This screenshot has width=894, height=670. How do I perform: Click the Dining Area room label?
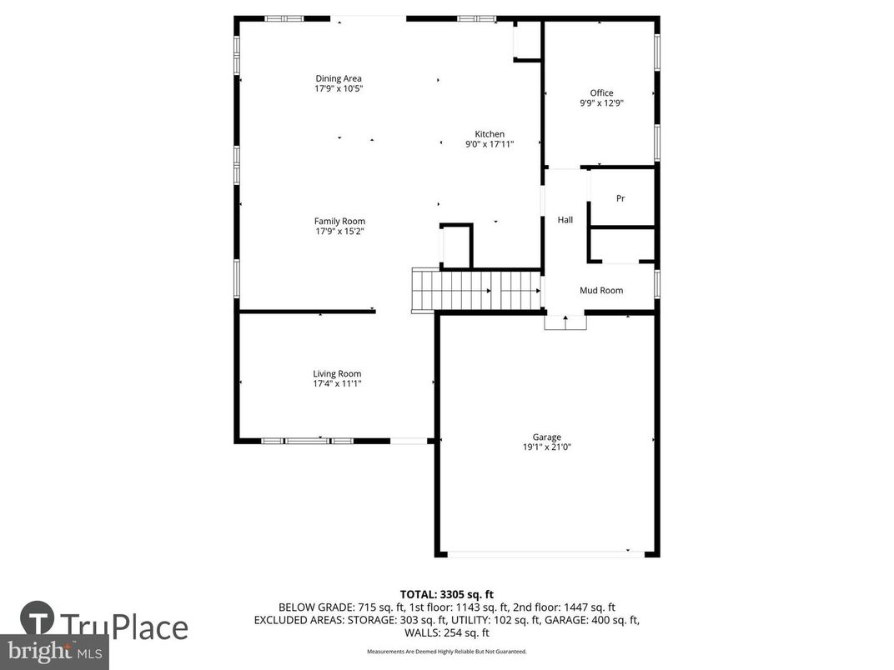[x=339, y=79]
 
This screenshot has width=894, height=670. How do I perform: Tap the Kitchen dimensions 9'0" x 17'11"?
[x=490, y=144]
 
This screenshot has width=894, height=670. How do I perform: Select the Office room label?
[x=601, y=93]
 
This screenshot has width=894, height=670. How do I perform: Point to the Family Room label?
[x=339, y=221]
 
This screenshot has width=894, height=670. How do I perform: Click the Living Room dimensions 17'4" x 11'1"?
[x=337, y=384]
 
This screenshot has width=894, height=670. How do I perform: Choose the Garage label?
[x=547, y=437]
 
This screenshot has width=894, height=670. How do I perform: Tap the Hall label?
[x=565, y=220]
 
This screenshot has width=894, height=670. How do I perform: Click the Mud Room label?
[x=601, y=290]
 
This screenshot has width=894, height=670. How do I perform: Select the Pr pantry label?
[x=620, y=198]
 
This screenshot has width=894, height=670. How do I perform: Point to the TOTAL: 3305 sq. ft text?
[x=447, y=594]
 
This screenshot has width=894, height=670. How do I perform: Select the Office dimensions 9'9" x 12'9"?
[x=601, y=103]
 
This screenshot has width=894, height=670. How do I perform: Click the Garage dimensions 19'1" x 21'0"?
[x=547, y=447]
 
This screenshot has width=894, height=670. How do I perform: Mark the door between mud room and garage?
[x=565, y=322]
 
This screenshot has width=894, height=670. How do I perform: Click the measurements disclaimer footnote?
[x=447, y=651]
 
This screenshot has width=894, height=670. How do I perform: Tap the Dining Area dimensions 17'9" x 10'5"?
[x=339, y=88]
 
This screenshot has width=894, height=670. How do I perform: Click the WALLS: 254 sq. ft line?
[x=447, y=632]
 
